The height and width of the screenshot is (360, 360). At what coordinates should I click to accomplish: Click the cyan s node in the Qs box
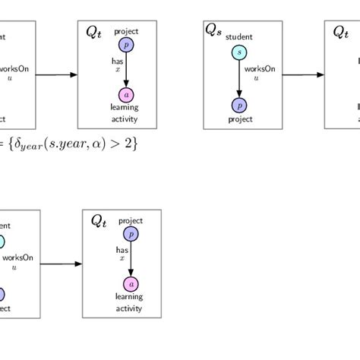coord(239,52)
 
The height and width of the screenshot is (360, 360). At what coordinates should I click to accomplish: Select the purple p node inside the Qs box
coord(239,106)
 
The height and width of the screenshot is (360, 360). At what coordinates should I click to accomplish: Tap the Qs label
coord(213,30)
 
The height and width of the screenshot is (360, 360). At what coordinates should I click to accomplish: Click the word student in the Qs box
coord(239,36)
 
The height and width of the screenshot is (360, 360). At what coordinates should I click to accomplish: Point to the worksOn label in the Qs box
coord(260,68)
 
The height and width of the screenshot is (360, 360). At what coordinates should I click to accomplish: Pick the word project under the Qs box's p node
coord(239,120)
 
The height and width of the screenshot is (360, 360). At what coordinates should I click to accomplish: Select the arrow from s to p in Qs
coord(239,79)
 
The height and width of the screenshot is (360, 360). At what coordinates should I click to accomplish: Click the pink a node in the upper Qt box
coord(125,95)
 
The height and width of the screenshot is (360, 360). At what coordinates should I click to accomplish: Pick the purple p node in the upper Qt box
coord(125,46)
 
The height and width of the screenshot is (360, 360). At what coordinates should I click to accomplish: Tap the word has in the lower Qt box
coord(122,248)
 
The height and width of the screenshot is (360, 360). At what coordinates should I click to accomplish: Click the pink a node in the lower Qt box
coord(131,284)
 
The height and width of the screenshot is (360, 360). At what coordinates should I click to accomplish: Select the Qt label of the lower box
coord(99,220)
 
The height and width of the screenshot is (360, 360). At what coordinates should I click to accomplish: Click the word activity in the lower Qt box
coord(129,308)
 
